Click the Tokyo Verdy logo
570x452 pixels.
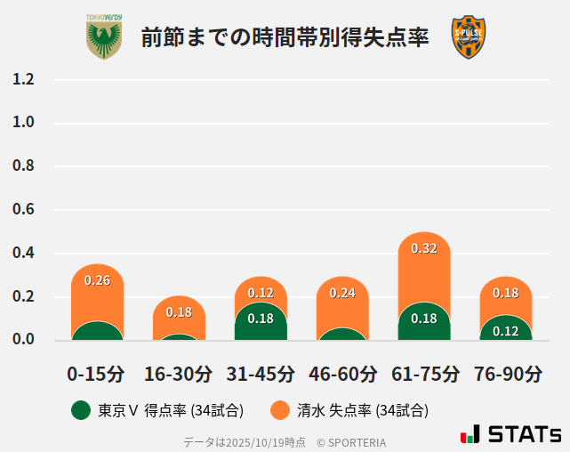(104, 37)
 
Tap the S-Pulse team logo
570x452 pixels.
(469, 37)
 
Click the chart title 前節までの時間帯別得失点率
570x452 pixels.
(285, 37)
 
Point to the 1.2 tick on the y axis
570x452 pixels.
(23, 79)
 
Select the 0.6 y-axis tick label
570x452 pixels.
(23, 210)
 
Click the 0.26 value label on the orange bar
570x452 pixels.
(97, 280)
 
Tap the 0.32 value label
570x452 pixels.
(424, 248)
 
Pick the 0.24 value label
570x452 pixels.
(342, 293)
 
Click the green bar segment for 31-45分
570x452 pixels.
(261, 323)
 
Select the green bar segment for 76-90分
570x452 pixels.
(506, 329)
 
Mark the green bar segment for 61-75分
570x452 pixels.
(424, 323)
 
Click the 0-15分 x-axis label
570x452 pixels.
(96, 373)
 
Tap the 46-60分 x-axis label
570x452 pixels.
(341, 373)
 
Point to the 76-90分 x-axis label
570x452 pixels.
(507, 373)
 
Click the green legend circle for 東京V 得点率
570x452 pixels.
(81, 410)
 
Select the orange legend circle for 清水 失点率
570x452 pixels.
(280, 410)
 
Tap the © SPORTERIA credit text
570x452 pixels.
(351, 442)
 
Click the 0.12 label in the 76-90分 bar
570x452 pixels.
(506, 331)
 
